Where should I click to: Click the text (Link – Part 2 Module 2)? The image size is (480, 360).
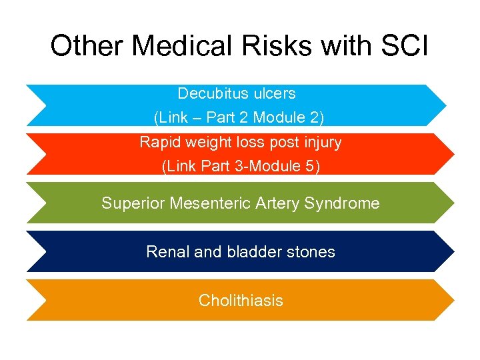239,118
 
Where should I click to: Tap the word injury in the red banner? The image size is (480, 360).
321,143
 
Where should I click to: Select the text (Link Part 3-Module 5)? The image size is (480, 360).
241,167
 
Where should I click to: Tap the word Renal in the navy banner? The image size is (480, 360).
165,252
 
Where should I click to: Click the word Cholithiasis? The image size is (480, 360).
241,301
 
